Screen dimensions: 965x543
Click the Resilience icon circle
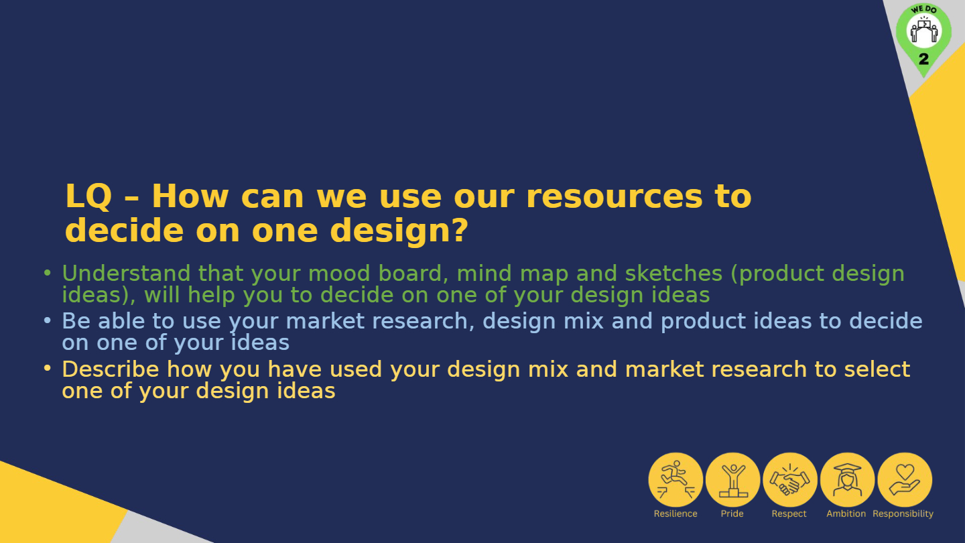point(675,480)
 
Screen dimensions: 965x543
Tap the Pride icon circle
point(733,480)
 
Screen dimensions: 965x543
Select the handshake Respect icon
point(790,480)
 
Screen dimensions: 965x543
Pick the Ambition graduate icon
point(847,480)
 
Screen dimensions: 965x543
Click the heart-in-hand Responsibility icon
point(905,480)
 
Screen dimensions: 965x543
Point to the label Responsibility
point(903,514)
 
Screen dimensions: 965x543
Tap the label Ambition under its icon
point(846,514)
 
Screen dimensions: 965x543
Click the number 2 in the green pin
point(923,59)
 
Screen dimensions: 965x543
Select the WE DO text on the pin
point(923,9)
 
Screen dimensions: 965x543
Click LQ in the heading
point(88,196)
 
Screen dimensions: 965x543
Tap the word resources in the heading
point(615,197)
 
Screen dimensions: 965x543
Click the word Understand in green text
point(126,274)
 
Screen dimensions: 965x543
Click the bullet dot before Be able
point(48,320)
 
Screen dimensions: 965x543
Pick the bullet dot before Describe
point(48,369)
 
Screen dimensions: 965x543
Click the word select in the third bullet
point(877,369)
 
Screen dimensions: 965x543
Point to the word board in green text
point(413,274)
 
